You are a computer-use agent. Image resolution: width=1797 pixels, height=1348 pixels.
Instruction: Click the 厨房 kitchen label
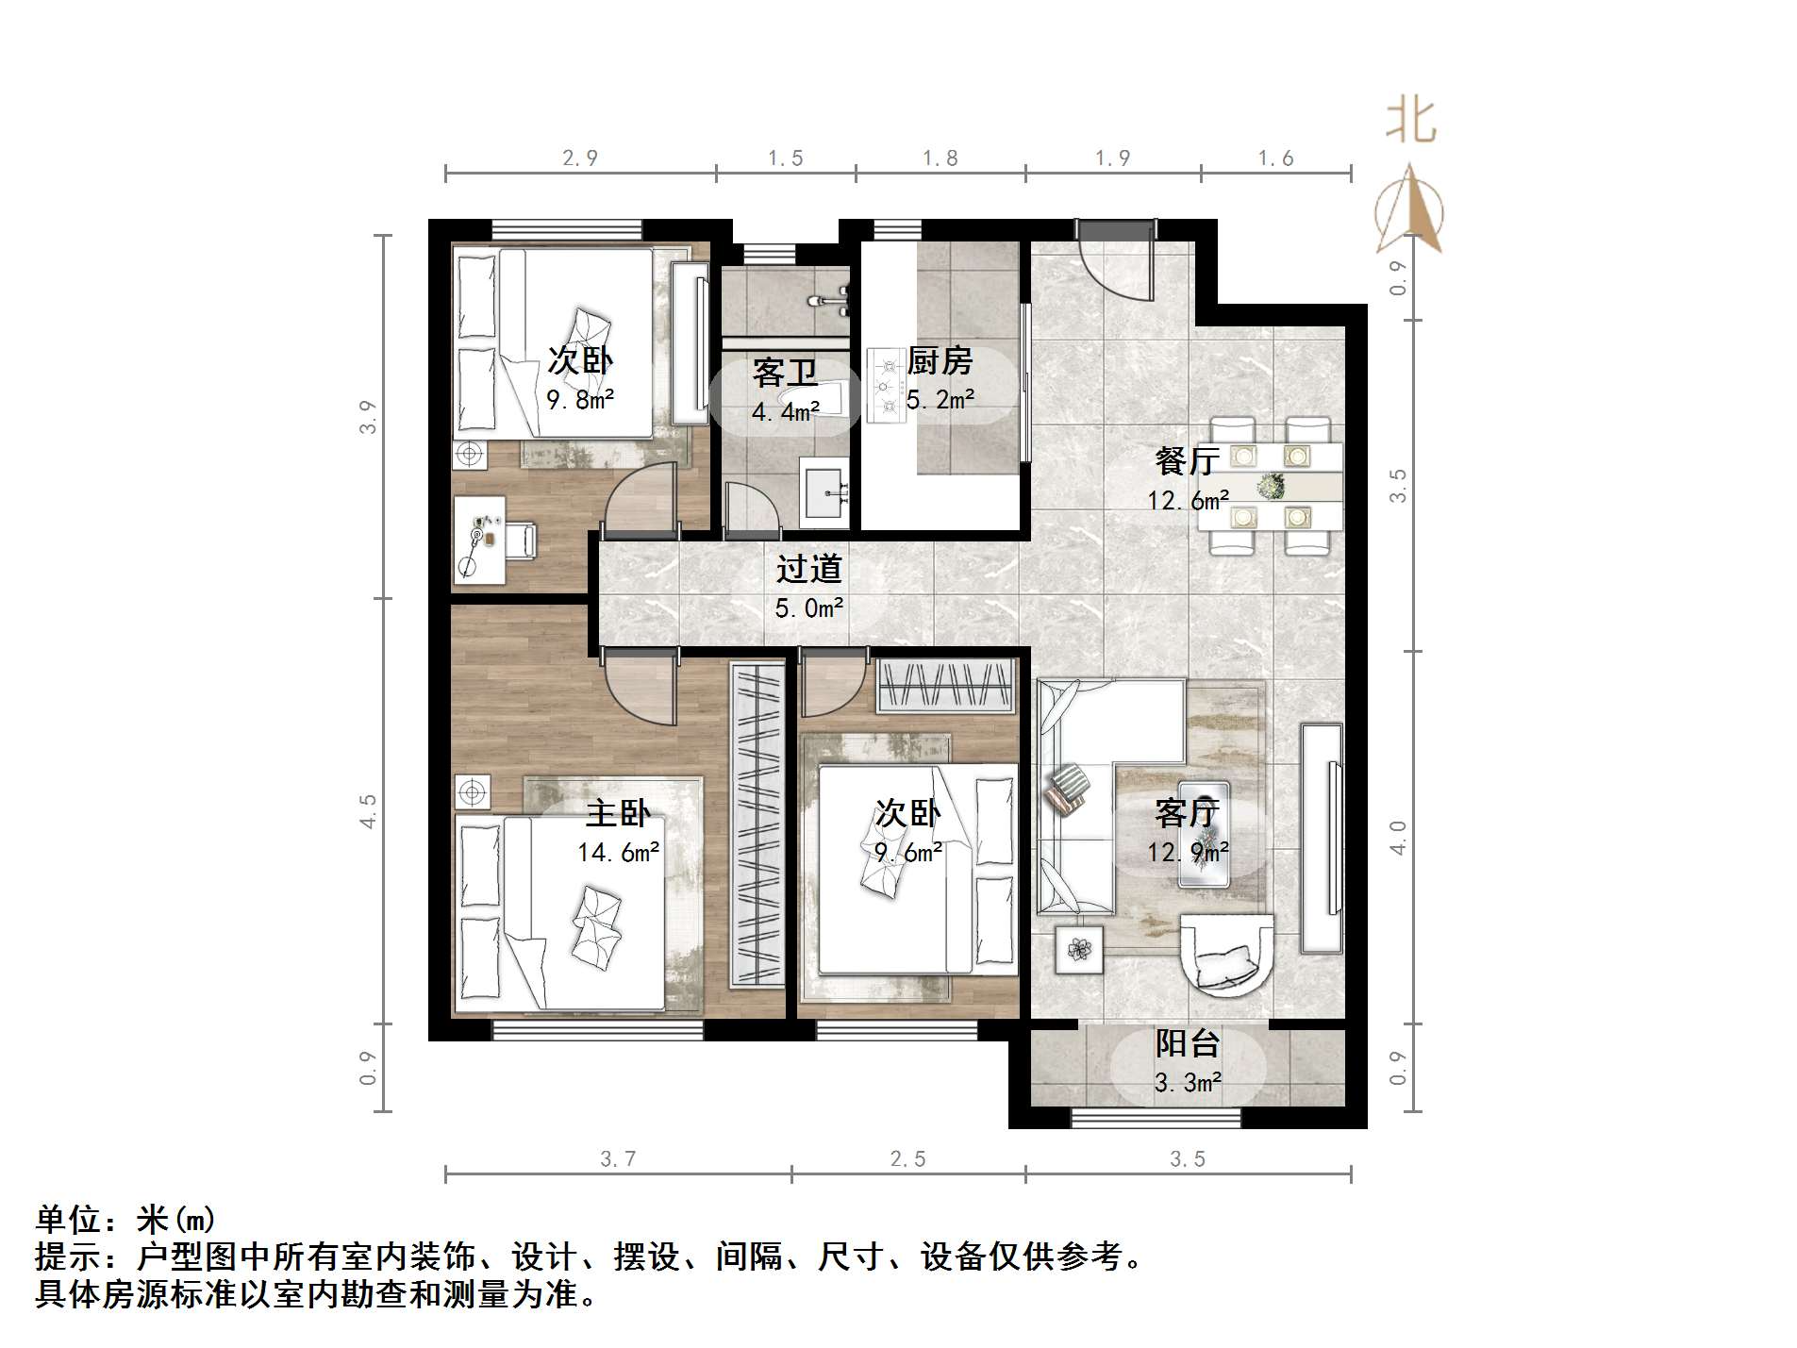(939, 360)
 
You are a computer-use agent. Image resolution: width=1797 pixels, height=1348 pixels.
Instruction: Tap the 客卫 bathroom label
(784, 374)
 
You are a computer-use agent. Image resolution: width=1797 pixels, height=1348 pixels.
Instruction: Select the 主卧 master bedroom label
(618, 813)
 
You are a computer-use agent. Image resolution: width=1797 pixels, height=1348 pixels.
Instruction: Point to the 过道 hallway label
(808, 569)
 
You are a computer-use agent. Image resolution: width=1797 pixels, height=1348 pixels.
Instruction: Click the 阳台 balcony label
(1188, 1043)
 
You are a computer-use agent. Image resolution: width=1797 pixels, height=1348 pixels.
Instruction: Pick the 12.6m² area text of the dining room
(1188, 500)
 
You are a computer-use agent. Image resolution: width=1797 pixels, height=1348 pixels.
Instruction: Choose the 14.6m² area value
(618, 853)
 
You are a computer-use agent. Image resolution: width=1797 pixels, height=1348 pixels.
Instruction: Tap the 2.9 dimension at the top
(580, 158)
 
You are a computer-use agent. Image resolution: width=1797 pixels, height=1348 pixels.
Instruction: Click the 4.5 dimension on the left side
(368, 811)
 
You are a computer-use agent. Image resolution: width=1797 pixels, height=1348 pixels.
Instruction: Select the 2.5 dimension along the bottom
(907, 1158)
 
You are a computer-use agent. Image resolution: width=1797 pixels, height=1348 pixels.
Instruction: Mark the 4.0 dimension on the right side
(1398, 838)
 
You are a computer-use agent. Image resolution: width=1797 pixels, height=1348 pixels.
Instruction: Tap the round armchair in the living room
(1226, 955)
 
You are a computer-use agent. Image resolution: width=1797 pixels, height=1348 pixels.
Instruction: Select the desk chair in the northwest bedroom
(520, 540)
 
